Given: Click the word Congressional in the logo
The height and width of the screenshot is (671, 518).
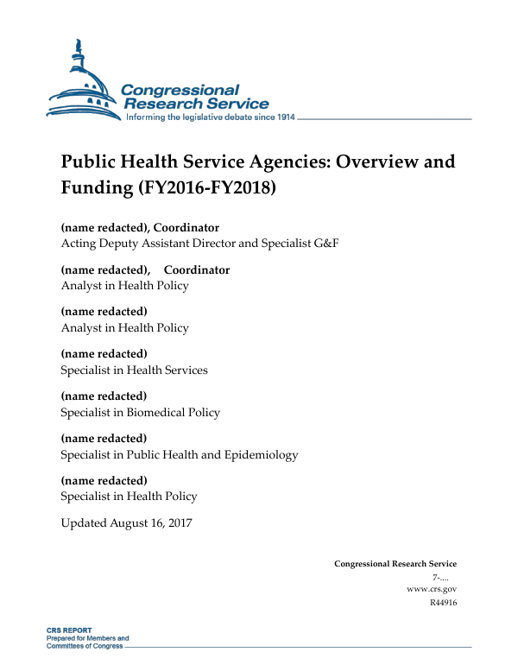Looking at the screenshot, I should [180, 90].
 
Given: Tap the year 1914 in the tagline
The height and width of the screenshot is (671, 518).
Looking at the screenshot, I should [282, 117].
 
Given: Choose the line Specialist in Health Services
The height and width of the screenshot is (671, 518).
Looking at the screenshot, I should [134, 370].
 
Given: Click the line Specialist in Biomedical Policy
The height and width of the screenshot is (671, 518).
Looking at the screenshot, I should [140, 412].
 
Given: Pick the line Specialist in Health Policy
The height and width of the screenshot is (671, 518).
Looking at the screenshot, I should [129, 497].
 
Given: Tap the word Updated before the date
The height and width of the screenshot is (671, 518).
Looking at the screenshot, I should [84, 523].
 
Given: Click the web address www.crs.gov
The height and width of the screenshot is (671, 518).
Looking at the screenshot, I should [431, 588].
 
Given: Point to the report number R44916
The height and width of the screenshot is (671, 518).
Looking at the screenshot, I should [442, 602].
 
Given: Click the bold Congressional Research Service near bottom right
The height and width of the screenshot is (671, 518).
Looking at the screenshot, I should [395, 564].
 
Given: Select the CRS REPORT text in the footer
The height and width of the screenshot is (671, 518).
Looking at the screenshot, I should [69, 630].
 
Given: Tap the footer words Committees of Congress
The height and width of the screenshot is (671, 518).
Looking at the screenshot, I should [85, 646].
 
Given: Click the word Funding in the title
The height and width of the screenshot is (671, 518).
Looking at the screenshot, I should [93, 187].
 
